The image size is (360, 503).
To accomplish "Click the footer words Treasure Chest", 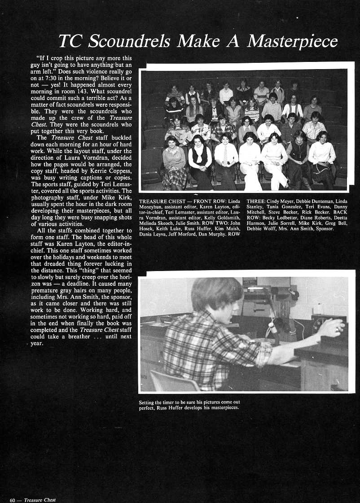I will pos(40,500).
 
